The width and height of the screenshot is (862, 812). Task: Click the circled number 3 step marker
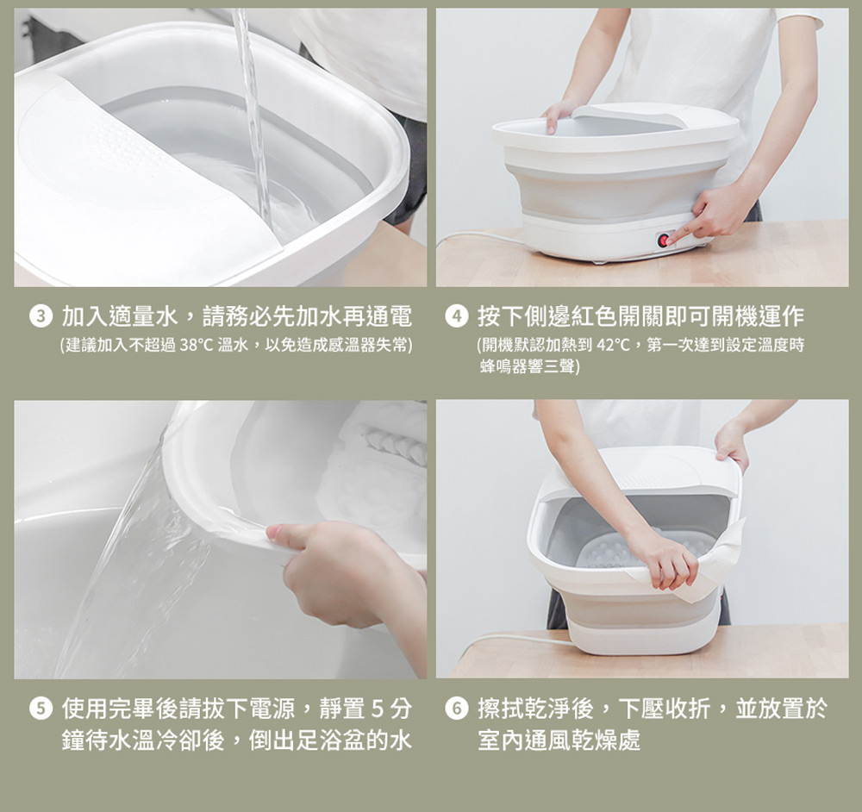[x=41, y=317]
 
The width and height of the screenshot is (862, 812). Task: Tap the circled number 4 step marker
[x=456, y=317]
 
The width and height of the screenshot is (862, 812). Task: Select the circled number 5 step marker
[x=41, y=709]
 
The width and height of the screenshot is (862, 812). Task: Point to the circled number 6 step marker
[x=456, y=709]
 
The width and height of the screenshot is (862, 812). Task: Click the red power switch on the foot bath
[x=664, y=240]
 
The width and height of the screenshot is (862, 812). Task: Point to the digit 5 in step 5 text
[x=377, y=709]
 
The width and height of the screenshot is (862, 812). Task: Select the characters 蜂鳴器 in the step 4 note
[x=503, y=366]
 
